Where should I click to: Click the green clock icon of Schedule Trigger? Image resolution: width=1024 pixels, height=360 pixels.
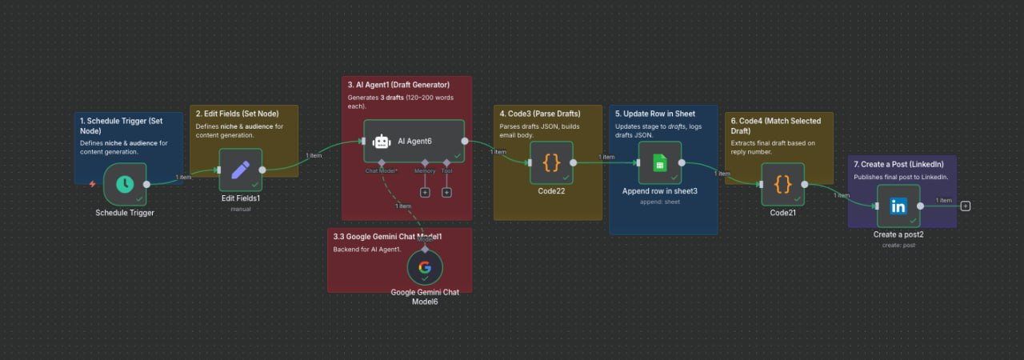tap(125, 184)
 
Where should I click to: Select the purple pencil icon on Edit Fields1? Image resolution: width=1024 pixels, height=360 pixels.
tap(240, 170)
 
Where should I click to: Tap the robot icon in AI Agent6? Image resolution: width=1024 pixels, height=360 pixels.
tap(382, 142)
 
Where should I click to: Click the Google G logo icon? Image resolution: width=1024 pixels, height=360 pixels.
tap(424, 268)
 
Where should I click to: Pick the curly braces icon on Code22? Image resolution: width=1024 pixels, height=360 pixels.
tap(551, 162)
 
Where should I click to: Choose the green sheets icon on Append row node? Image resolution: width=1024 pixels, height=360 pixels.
tap(660, 163)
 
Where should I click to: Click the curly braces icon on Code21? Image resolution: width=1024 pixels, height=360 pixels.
tap(782, 184)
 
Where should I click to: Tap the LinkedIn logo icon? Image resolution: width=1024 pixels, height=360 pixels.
tap(898, 206)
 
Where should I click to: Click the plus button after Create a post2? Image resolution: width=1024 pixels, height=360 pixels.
tap(966, 206)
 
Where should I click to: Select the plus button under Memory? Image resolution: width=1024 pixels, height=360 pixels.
tap(425, 192)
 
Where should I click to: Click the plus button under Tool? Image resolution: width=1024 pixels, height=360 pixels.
tap(447, 192)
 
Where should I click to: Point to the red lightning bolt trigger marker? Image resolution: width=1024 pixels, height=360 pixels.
tap(93, 184)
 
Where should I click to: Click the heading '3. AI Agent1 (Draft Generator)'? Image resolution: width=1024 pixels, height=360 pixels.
tap(398, 85)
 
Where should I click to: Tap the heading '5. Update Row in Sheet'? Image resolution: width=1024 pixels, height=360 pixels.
tap(655, 114)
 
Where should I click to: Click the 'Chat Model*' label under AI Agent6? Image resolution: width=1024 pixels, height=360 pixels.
tap(381, 170)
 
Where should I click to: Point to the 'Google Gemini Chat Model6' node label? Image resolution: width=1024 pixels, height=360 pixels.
tap(425, 297)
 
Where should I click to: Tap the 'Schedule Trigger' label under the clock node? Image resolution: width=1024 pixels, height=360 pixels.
tap(125, 213)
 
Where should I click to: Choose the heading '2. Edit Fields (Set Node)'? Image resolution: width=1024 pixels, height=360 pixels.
tap(243, 114)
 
